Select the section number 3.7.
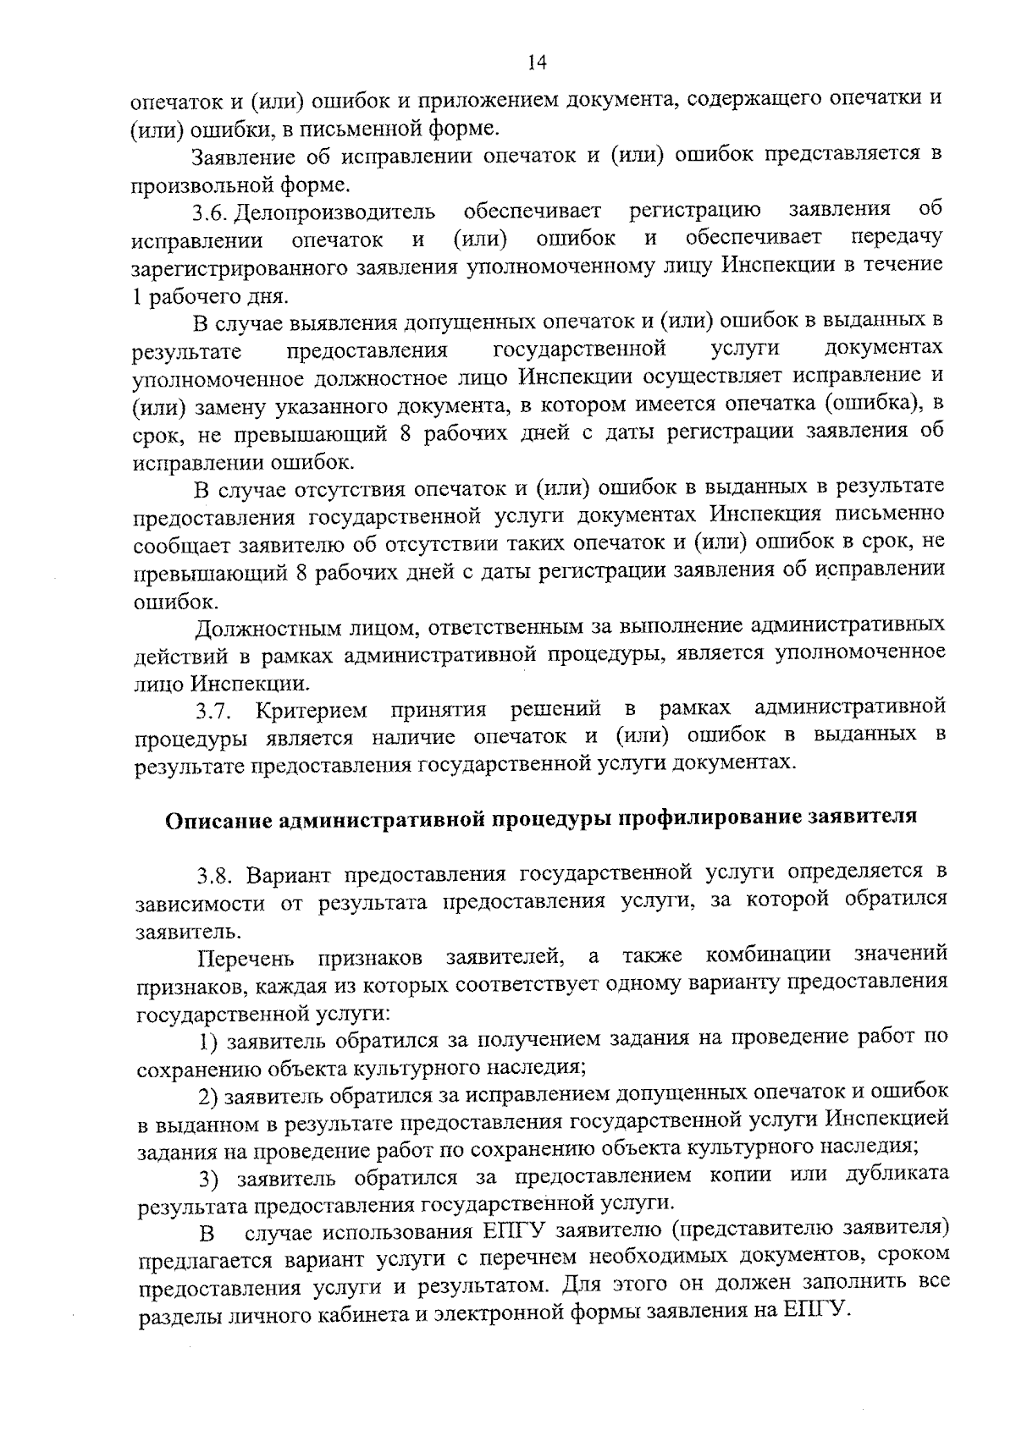(x=212, y=709)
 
